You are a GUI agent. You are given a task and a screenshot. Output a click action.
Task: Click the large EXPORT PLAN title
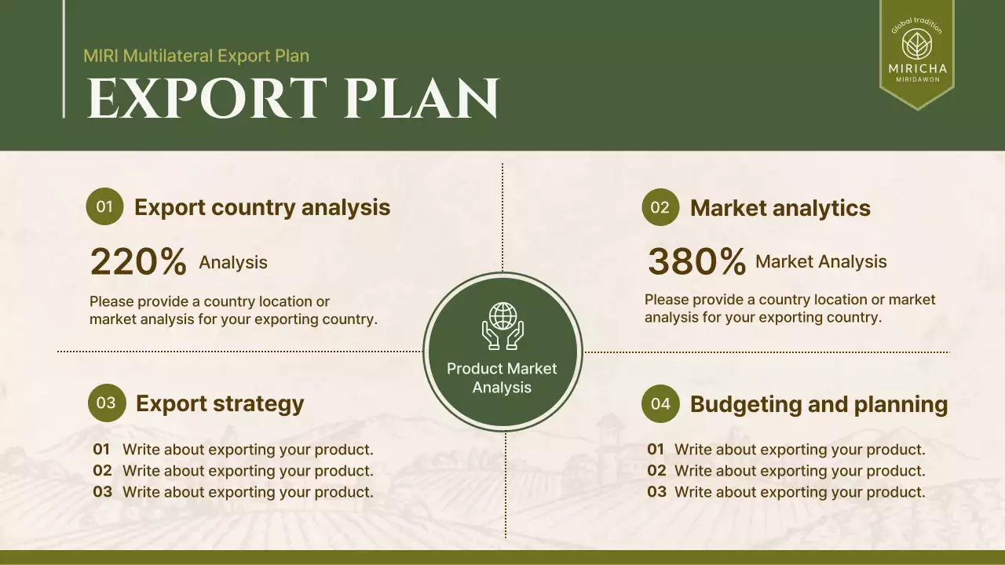tap(293, 98)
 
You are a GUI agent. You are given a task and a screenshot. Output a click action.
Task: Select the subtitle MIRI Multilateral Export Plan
tap(196, 56)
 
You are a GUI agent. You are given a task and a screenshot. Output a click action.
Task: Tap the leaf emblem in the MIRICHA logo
tap(917, 45)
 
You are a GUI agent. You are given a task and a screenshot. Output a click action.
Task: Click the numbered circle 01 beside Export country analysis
tap(104, 206)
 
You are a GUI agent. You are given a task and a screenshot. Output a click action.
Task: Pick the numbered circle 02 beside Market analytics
tap(660, 207)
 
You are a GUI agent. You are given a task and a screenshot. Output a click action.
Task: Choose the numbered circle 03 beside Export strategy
tap(107, 403)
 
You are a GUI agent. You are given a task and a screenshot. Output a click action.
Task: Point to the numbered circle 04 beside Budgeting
tap(660, 403)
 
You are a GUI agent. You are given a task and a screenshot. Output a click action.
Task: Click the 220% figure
tap(138, 262)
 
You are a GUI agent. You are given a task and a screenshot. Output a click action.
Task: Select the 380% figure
tap(696, 262)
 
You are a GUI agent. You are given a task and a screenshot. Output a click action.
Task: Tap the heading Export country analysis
tap(262, 207)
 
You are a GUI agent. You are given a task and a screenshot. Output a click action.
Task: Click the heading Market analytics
tap(780, 208)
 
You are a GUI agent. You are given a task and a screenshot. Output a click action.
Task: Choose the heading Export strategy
tap(220, 403)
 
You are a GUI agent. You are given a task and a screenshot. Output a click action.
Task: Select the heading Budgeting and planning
tap(819, 404)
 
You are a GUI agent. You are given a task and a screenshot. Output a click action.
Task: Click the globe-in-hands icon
tap(502, 326)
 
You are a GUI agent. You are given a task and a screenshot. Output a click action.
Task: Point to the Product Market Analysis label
tap(502, 378)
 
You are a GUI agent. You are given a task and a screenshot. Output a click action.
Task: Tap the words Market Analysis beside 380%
tap(821, 261)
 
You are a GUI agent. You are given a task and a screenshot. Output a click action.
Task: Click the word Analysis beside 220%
tap(233, 262)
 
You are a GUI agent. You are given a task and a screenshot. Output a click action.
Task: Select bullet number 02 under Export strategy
tap(102, 470)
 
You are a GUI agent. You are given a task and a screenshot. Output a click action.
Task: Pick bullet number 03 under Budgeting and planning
tap(657, 492)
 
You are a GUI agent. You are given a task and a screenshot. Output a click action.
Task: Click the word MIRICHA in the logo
tap(918, 68)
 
